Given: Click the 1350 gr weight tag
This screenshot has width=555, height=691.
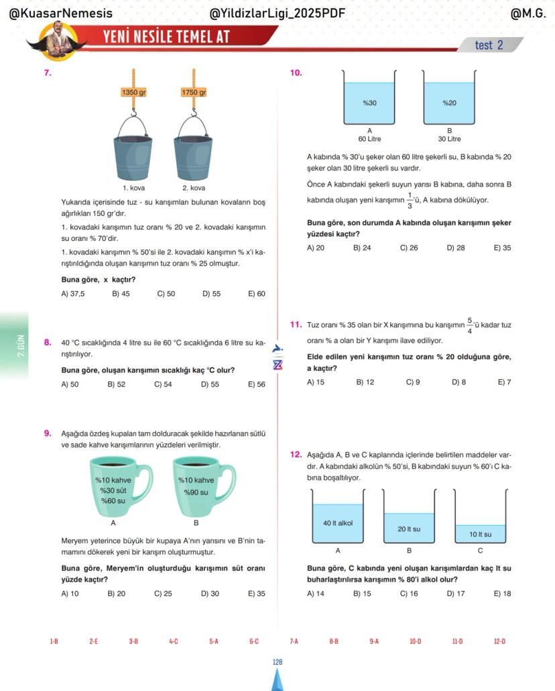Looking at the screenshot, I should pos(133,93).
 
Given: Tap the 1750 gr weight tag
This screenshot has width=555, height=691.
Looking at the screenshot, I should pos(194,93).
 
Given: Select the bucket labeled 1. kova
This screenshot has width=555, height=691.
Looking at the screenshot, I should pos(133,150).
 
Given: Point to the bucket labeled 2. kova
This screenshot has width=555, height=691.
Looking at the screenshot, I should pos(194,150).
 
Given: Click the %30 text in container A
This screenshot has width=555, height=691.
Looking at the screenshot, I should pos(369,103).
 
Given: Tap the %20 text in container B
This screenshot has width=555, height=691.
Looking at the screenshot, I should pos(449,103).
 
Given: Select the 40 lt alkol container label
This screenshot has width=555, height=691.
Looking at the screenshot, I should pos(338,523).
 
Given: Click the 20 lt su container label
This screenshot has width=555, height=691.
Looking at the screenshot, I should pos(409,529).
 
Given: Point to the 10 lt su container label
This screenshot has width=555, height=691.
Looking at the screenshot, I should pos(480,535).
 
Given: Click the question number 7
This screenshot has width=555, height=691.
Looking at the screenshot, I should pos(48,72).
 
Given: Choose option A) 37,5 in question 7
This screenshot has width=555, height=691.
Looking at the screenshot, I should pos(73,294).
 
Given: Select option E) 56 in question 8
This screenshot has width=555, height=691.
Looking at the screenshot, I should pos(256,384).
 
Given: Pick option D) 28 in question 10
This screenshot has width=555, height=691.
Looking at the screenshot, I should pos(455,248).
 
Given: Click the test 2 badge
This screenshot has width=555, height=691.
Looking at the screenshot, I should pos(489,45).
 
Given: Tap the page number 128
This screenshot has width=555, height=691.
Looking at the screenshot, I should pos(277,662).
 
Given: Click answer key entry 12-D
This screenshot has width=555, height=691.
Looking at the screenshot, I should pos(499,641).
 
